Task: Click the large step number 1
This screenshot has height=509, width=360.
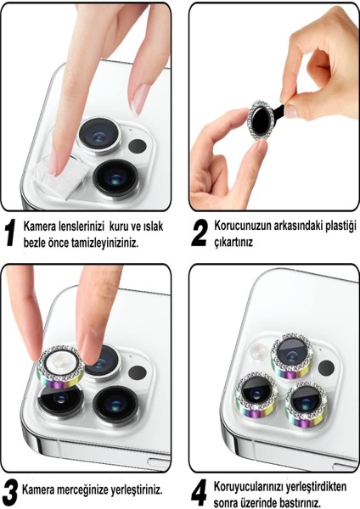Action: pos(11,232)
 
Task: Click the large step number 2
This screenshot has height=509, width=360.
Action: pos(200,232)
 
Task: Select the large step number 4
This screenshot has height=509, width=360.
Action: pos(199,493)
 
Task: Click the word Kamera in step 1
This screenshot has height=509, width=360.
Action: pos(39,227)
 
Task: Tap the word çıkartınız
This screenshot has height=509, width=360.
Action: pos(233,242)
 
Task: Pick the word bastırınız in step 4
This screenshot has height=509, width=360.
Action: pos(299,502)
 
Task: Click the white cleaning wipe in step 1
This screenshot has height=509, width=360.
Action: pos(62,176)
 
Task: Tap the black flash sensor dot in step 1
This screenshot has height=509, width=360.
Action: pos(137,146)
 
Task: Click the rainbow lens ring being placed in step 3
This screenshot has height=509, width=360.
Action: pos(60,366)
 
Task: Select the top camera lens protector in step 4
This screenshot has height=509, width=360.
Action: pos(292,356)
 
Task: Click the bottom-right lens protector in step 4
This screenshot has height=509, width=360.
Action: pos(306,405)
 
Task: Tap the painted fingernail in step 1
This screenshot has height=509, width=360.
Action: pos(140,98)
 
